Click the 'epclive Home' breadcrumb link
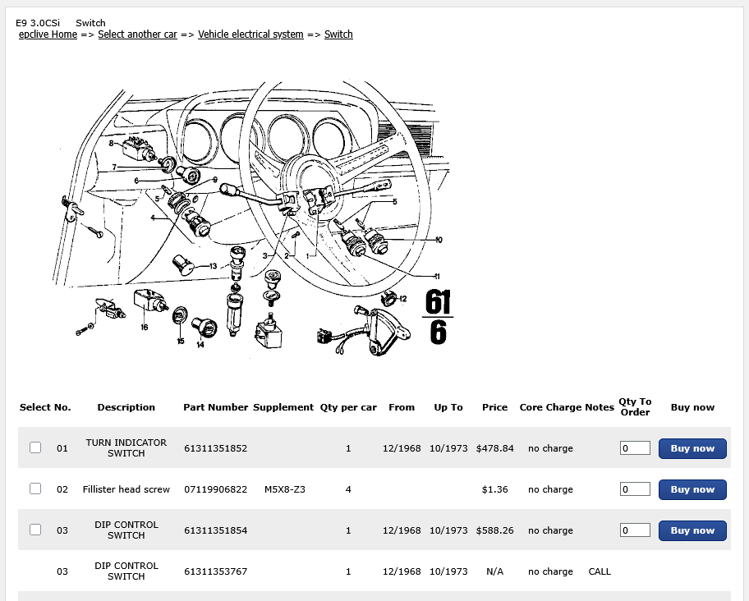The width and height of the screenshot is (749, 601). (48, 34)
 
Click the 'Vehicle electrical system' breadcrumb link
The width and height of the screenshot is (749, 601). (250, 34)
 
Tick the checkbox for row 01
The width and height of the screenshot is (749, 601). (35, 447)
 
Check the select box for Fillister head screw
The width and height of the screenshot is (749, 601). (35, 489)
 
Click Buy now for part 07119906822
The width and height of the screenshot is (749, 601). (692, 489)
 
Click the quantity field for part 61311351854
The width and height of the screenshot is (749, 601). (635, 530)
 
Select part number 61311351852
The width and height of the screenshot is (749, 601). (215, 448)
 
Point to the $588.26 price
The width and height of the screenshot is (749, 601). (494, 530)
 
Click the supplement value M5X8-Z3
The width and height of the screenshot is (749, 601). (285, 489)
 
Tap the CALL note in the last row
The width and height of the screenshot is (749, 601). (600, 571)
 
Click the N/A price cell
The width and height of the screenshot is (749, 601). (494, 571)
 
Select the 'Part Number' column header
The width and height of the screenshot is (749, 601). (215, 407)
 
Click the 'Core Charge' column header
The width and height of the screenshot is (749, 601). (550, 407)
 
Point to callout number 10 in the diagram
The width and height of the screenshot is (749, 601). (439, 240)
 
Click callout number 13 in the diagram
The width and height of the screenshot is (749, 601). (213, 266)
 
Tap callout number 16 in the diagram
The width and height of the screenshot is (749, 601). (144, 327)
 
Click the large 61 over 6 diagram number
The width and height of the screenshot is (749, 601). (438, 317)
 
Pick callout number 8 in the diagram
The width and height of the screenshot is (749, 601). (111, 143)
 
